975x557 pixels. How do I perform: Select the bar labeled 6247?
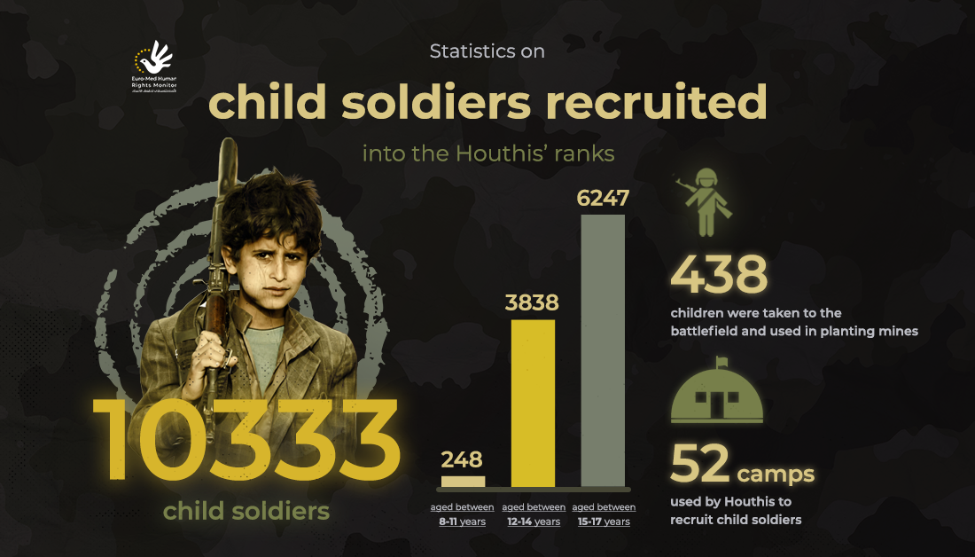(x=603, y=350)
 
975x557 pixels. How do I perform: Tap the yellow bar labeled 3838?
(x=533, y=404)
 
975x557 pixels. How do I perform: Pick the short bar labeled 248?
(x=463, y=482)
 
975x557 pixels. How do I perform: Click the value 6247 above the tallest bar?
(x=603, y=198)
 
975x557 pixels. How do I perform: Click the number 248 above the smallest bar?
(x=462, y=460)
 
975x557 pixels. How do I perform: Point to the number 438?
(x=719, y=276)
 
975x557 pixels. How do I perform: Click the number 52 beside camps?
(x=699, y=464)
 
